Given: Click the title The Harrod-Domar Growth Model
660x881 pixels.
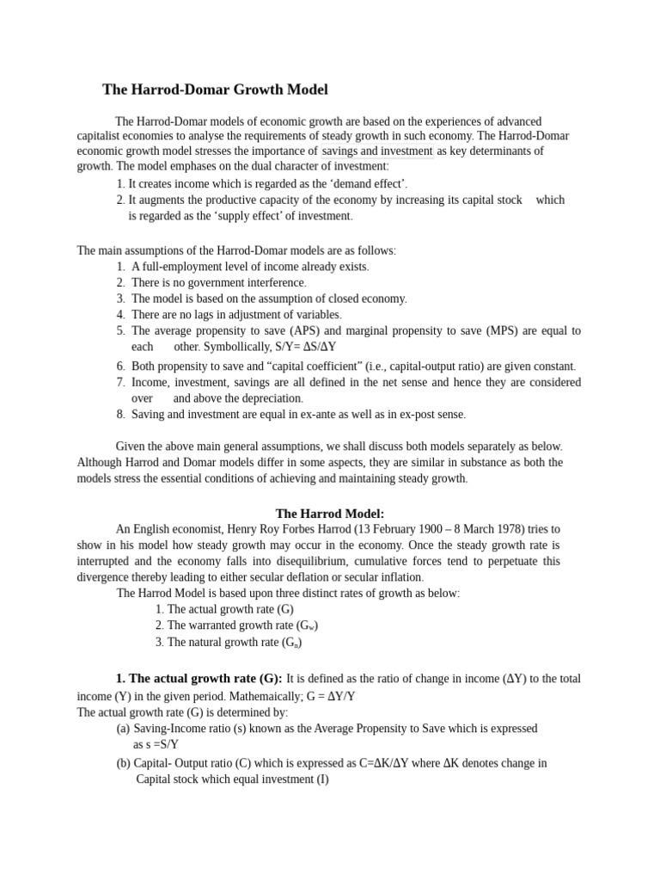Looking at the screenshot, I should click(x=215, y=89).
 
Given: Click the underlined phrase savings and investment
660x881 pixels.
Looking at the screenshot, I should click(x=377, y=151).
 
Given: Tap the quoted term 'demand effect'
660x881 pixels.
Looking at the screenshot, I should click(x=370, y=183).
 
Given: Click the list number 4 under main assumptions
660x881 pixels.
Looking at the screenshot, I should click(x=121, y=315).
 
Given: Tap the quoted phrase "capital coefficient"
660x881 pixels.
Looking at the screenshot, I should click(x=287, y=367).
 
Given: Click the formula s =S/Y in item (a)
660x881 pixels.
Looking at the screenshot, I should click(x=157, y=744).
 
